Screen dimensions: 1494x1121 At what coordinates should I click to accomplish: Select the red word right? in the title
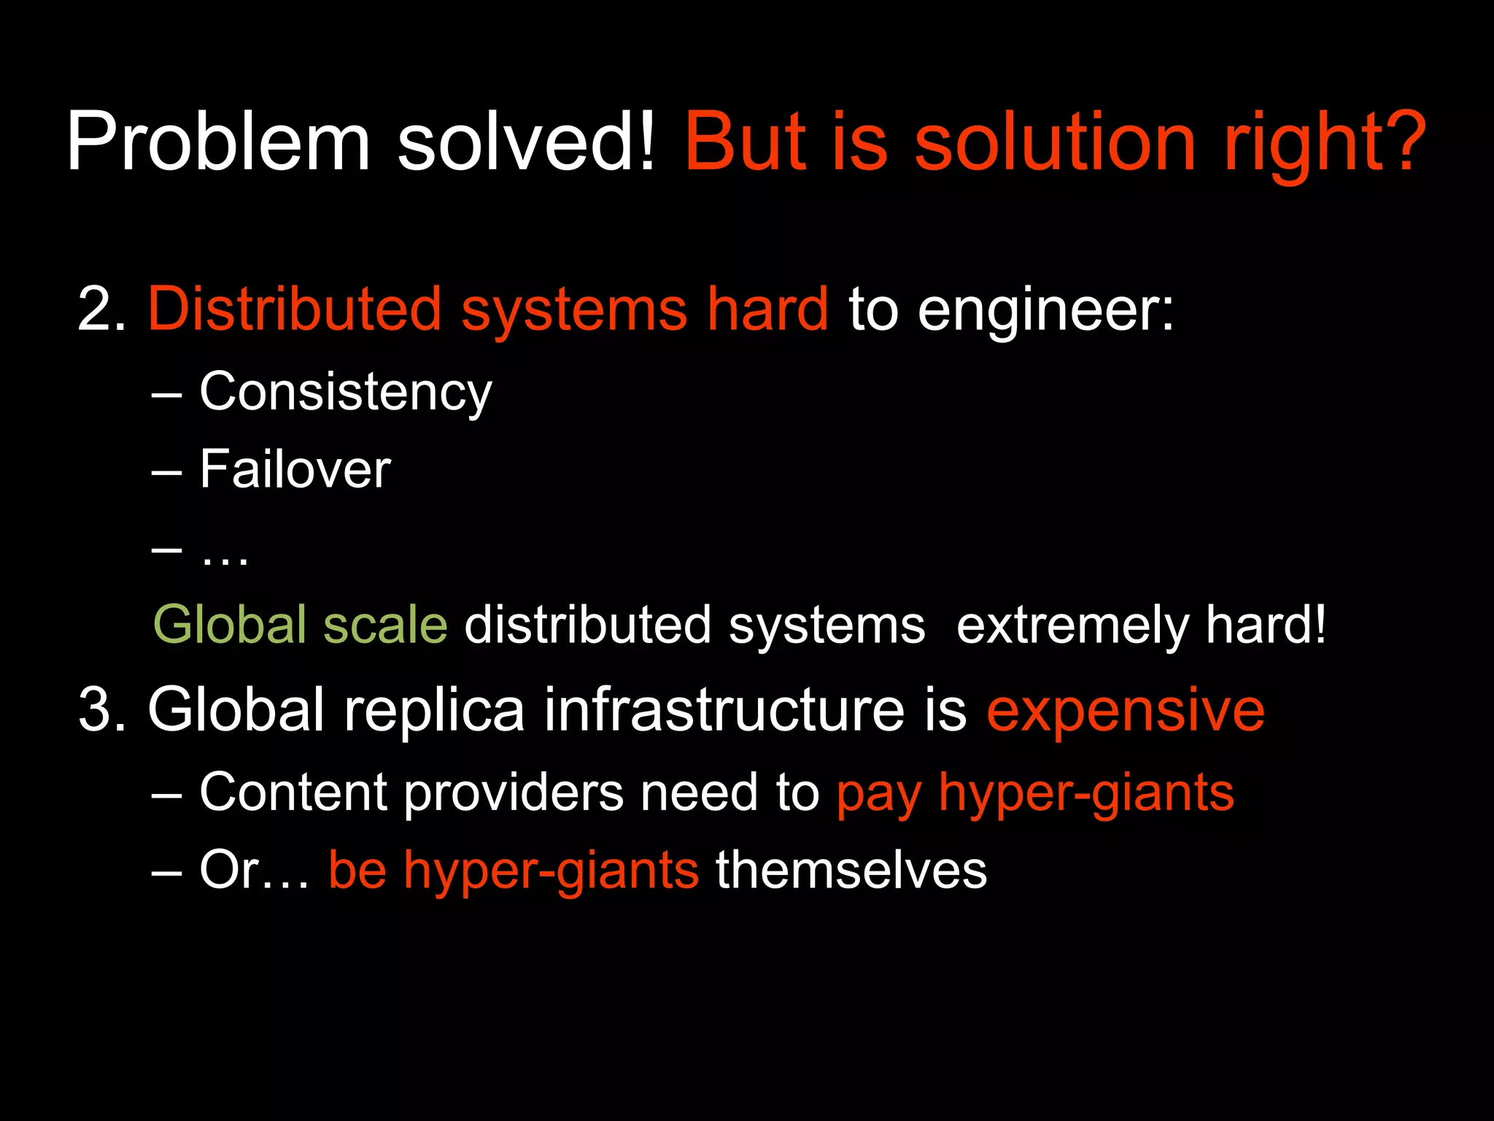[1324, 142]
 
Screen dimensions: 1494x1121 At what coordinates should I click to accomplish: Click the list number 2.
[101, 310]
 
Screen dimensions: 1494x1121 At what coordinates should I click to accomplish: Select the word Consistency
[346, 393]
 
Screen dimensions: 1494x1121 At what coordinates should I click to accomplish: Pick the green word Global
[229, 625]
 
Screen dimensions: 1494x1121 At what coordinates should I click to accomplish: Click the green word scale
[385, 625]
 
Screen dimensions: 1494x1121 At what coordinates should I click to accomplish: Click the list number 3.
[101, 710]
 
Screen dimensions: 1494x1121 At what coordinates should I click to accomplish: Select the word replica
[434, 710]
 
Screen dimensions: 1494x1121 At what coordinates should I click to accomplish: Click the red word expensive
[1126, 710]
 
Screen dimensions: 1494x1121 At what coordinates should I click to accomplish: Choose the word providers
[514, 793]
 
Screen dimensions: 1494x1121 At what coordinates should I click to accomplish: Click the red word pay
[879, 794]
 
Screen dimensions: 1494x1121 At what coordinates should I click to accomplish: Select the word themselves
[851, 870]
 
